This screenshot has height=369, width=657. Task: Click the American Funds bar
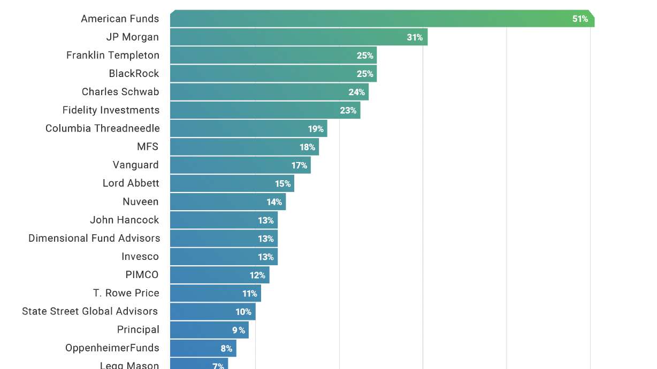[x=382, y=19]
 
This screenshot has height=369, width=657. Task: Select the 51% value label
[x=580, y=19]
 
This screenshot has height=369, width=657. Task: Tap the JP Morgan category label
[x=133, y=37]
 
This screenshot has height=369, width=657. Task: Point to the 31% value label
[x=415, y=37]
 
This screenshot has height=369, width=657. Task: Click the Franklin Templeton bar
[x=273, y=55]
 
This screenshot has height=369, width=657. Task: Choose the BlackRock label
[x=134, y=74]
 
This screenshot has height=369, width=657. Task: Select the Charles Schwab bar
[x=269, y=92]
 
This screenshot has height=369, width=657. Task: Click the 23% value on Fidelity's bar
[x=348, y=111]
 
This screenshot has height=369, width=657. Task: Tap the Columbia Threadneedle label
[x=102, y=128]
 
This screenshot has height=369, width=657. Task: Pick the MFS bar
[x=245, y=147]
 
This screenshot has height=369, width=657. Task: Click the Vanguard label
[x=135, y=165]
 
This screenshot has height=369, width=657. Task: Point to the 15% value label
[x=282, y=184]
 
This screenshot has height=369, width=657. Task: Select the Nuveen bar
[x=228, y=202]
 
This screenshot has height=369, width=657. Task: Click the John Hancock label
[x=124, y=220]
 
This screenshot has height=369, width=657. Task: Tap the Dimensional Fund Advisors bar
[x=224, y=239]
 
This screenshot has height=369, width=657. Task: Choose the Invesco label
[x=140, y=257]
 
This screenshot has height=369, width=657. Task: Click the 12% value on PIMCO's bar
[x=257, y=275]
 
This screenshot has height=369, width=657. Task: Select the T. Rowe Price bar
[x=216, y=293]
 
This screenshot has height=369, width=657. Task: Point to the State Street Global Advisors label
[x=90, y=311]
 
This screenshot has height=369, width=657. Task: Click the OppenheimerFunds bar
[x=203, y=348]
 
